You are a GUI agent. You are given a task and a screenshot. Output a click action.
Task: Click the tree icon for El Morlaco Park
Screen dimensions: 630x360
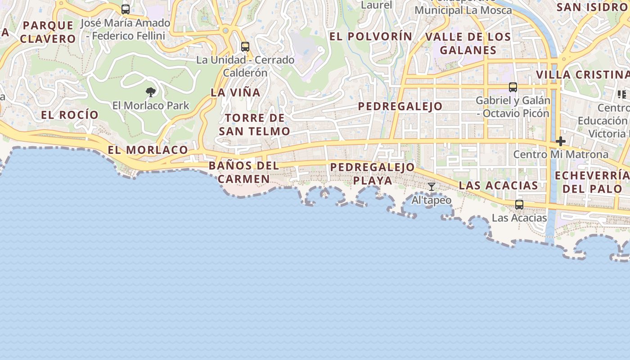point(151,92)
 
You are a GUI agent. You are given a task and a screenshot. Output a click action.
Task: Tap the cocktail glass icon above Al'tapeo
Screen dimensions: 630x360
point(431,186)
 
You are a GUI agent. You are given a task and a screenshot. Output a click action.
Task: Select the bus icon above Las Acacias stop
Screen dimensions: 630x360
point(519,205)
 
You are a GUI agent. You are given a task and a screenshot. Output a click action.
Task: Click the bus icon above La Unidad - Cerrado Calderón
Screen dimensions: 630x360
point(245,46)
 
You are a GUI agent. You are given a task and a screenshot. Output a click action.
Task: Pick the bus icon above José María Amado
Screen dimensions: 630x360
point(126,9)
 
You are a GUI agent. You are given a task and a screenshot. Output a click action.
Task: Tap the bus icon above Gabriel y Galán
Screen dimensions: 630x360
point(513,87)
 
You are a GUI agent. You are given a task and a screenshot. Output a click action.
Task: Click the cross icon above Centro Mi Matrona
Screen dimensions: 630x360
point(560,141)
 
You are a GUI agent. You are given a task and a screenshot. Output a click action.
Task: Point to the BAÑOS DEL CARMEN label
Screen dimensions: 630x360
point(244,172)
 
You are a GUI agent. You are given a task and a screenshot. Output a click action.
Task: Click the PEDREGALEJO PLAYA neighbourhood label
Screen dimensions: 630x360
point(372,174)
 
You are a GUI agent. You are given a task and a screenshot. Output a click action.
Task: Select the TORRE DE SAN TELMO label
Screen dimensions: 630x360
point(254,125)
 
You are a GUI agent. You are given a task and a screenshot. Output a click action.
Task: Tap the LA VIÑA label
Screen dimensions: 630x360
point(235,93)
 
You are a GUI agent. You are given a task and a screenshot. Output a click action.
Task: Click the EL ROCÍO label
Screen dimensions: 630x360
point(70,115)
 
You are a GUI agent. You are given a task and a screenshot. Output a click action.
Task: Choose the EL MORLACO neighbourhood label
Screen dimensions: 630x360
point(148,150)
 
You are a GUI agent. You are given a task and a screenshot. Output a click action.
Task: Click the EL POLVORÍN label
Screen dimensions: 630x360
point(371,36)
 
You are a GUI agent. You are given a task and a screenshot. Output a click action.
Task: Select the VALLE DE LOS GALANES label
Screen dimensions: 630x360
point(468,43)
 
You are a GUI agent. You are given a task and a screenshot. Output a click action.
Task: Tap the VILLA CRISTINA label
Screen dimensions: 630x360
point(582,75)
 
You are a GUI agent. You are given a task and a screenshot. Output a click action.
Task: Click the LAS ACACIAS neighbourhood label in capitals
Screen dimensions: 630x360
point(498,185)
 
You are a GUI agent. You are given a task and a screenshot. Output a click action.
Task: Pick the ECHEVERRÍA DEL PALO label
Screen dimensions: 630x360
point(592,182)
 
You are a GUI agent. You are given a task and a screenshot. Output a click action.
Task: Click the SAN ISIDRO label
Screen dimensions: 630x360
point(592,7)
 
